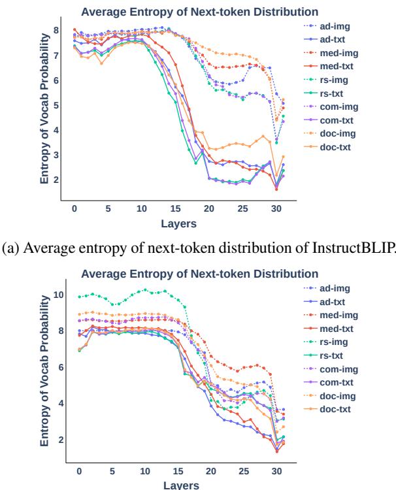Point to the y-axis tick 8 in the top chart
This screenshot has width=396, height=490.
[57, 30]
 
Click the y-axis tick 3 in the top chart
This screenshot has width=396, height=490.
[57, 155]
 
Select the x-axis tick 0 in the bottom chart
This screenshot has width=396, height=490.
[79, 470]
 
